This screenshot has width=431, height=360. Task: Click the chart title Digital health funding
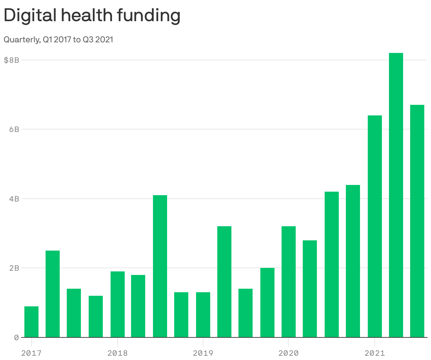pos(92,16)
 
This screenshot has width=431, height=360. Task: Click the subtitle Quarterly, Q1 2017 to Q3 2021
pos(58,40)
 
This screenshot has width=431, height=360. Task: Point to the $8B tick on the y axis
pos(11,60)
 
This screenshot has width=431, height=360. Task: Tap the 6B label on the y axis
pos(14,129)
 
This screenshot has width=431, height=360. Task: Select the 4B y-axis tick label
pos(14,199)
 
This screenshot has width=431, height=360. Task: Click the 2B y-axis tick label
pos(14,268)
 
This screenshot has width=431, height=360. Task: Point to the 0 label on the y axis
pos(16,337)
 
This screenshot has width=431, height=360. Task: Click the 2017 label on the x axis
pos(31,353)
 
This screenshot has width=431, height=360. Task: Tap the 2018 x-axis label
pos(117,353)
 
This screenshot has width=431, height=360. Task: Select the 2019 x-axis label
pos(203,353)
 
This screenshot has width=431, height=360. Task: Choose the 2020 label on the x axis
pos(288,353)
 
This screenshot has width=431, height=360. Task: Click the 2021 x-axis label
pos(374,353)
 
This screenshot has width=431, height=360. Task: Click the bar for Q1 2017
pos(31,322)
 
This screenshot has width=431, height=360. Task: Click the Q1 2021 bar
pos(375,226)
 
